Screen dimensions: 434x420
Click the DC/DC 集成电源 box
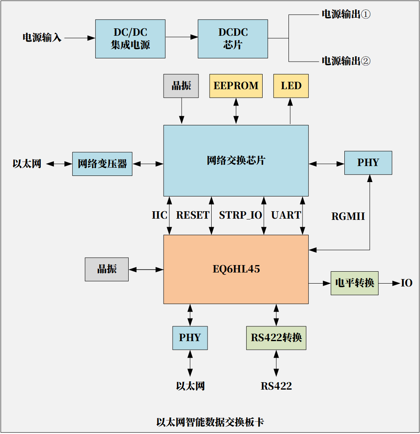pyautogui.click(x=130, y=39)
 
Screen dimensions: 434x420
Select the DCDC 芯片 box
pyautogui.click(x=233, y=39)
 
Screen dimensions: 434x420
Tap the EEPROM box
pyautogui.click(x=236, y=86)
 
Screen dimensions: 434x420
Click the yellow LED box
pyautogui.click(x=291, y=86)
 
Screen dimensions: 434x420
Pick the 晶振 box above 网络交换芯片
pyautogui.click(x=181, y=86)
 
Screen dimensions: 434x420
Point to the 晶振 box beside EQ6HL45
pyautogui.click(x=107, y=269)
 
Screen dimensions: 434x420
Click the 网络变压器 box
pyautogui.click(x=102, y=164)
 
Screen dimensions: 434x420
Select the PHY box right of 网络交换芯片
pyautogui.click(x=368, y=163)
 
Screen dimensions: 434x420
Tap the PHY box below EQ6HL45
pyautogui.click(x=190, y=338)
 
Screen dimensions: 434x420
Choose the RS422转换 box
pyautogui.click(x=276, y=338)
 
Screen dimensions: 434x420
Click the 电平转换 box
pyautogui.click(x=355, y=283)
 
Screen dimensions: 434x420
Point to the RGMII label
pyautogui.click(x=348, y=217)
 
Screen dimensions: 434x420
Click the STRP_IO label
pyautogui.click(x=240, y=215)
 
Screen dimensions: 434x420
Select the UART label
pyautogui.click(x=286, y=215)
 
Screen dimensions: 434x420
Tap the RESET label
pyautogui.click(x=193, y=215)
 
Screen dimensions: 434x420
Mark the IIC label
pyautogui.click(x=159, y=215)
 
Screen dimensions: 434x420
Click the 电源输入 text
pyautogui.click(x=42, y=38)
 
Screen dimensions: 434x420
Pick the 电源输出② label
pyautogui.click(x=346, y=61)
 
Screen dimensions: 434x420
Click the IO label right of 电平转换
pyautogui.click(x=406, y=283)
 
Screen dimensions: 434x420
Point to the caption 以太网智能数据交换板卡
pyautogui.click(x=210, y=422)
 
